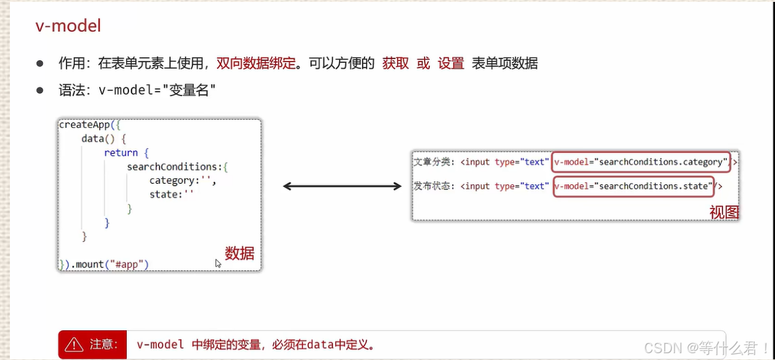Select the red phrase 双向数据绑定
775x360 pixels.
pos(256,63)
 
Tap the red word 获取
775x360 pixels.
pos(396,63)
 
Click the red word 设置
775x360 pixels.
pos(451,63)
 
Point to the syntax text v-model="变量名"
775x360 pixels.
pos(157,90)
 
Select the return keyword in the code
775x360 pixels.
pos(120,153)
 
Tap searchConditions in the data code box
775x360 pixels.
pos(172,166)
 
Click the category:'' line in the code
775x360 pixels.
pos(183,181)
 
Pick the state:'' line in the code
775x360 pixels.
pos(172,194)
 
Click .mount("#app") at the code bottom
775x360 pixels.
pos(110,264)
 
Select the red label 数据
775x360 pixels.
pos(240,253)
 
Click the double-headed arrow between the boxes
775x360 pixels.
pos(342,186)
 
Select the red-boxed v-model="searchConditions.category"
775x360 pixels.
pos(640,162)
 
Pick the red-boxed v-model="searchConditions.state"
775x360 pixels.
pos(632,186)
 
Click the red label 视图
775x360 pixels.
pos(724,212)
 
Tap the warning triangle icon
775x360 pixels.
pos(74,344)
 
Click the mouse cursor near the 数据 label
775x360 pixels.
pos(218,263)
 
